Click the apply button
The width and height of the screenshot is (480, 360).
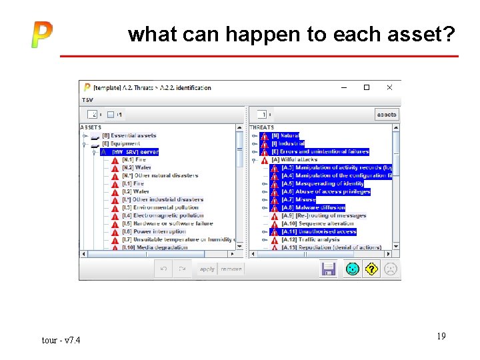(x=207, y=269)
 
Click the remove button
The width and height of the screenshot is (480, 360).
(x=231, y=269)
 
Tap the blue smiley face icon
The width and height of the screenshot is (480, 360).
(x=352, y=269)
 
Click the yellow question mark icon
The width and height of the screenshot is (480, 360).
(x=371, y=269)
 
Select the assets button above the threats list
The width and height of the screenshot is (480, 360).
(x=387, y=115)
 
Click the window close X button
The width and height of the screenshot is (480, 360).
(x=389, y=87)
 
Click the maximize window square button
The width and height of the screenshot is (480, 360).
(x=366, y=87)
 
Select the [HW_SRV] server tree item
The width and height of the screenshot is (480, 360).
(x=135, y=152)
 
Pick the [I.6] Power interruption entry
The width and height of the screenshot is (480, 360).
(x=159, y=231)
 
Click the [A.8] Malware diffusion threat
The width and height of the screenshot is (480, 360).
(x=313, y=207)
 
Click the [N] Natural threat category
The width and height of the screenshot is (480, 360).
(x=285, y=135)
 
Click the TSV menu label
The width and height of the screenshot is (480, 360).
(x=88, y=100)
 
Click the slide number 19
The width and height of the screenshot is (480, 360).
(x=441, y=337)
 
